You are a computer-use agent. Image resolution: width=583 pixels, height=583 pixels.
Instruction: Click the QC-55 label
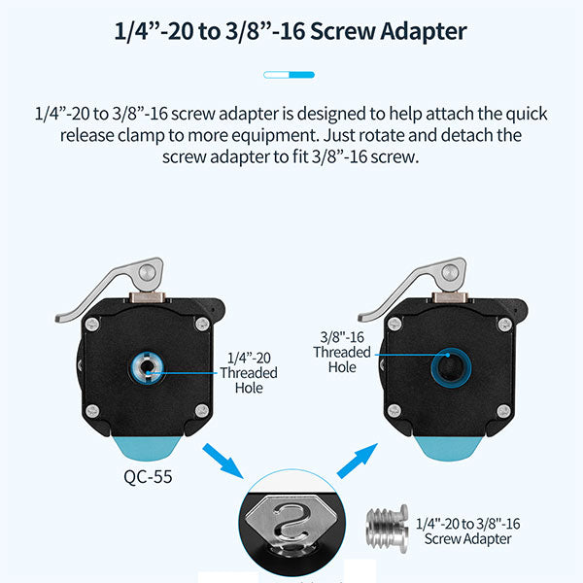148,477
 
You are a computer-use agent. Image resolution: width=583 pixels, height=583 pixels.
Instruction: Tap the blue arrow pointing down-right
223,461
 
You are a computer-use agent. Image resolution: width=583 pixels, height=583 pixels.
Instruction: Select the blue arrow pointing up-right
358,461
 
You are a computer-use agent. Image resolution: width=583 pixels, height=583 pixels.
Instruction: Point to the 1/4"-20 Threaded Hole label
249,372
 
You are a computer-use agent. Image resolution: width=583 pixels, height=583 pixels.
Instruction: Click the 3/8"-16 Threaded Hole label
342,352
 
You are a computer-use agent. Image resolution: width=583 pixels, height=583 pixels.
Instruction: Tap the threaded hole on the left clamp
148,368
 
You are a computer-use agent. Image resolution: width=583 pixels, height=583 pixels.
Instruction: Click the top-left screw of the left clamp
92,325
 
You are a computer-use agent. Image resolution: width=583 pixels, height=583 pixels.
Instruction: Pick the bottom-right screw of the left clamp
202,411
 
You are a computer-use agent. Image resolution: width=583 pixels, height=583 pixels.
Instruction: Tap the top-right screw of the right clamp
505,325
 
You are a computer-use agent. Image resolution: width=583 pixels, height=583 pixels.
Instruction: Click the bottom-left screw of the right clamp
394,411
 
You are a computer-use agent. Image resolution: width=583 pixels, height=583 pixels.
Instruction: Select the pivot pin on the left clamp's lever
148,273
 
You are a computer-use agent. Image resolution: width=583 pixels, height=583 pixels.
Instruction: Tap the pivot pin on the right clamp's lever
450,273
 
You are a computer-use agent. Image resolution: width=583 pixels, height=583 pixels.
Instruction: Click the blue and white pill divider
289,75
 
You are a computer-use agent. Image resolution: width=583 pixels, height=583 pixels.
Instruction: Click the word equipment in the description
275,136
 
